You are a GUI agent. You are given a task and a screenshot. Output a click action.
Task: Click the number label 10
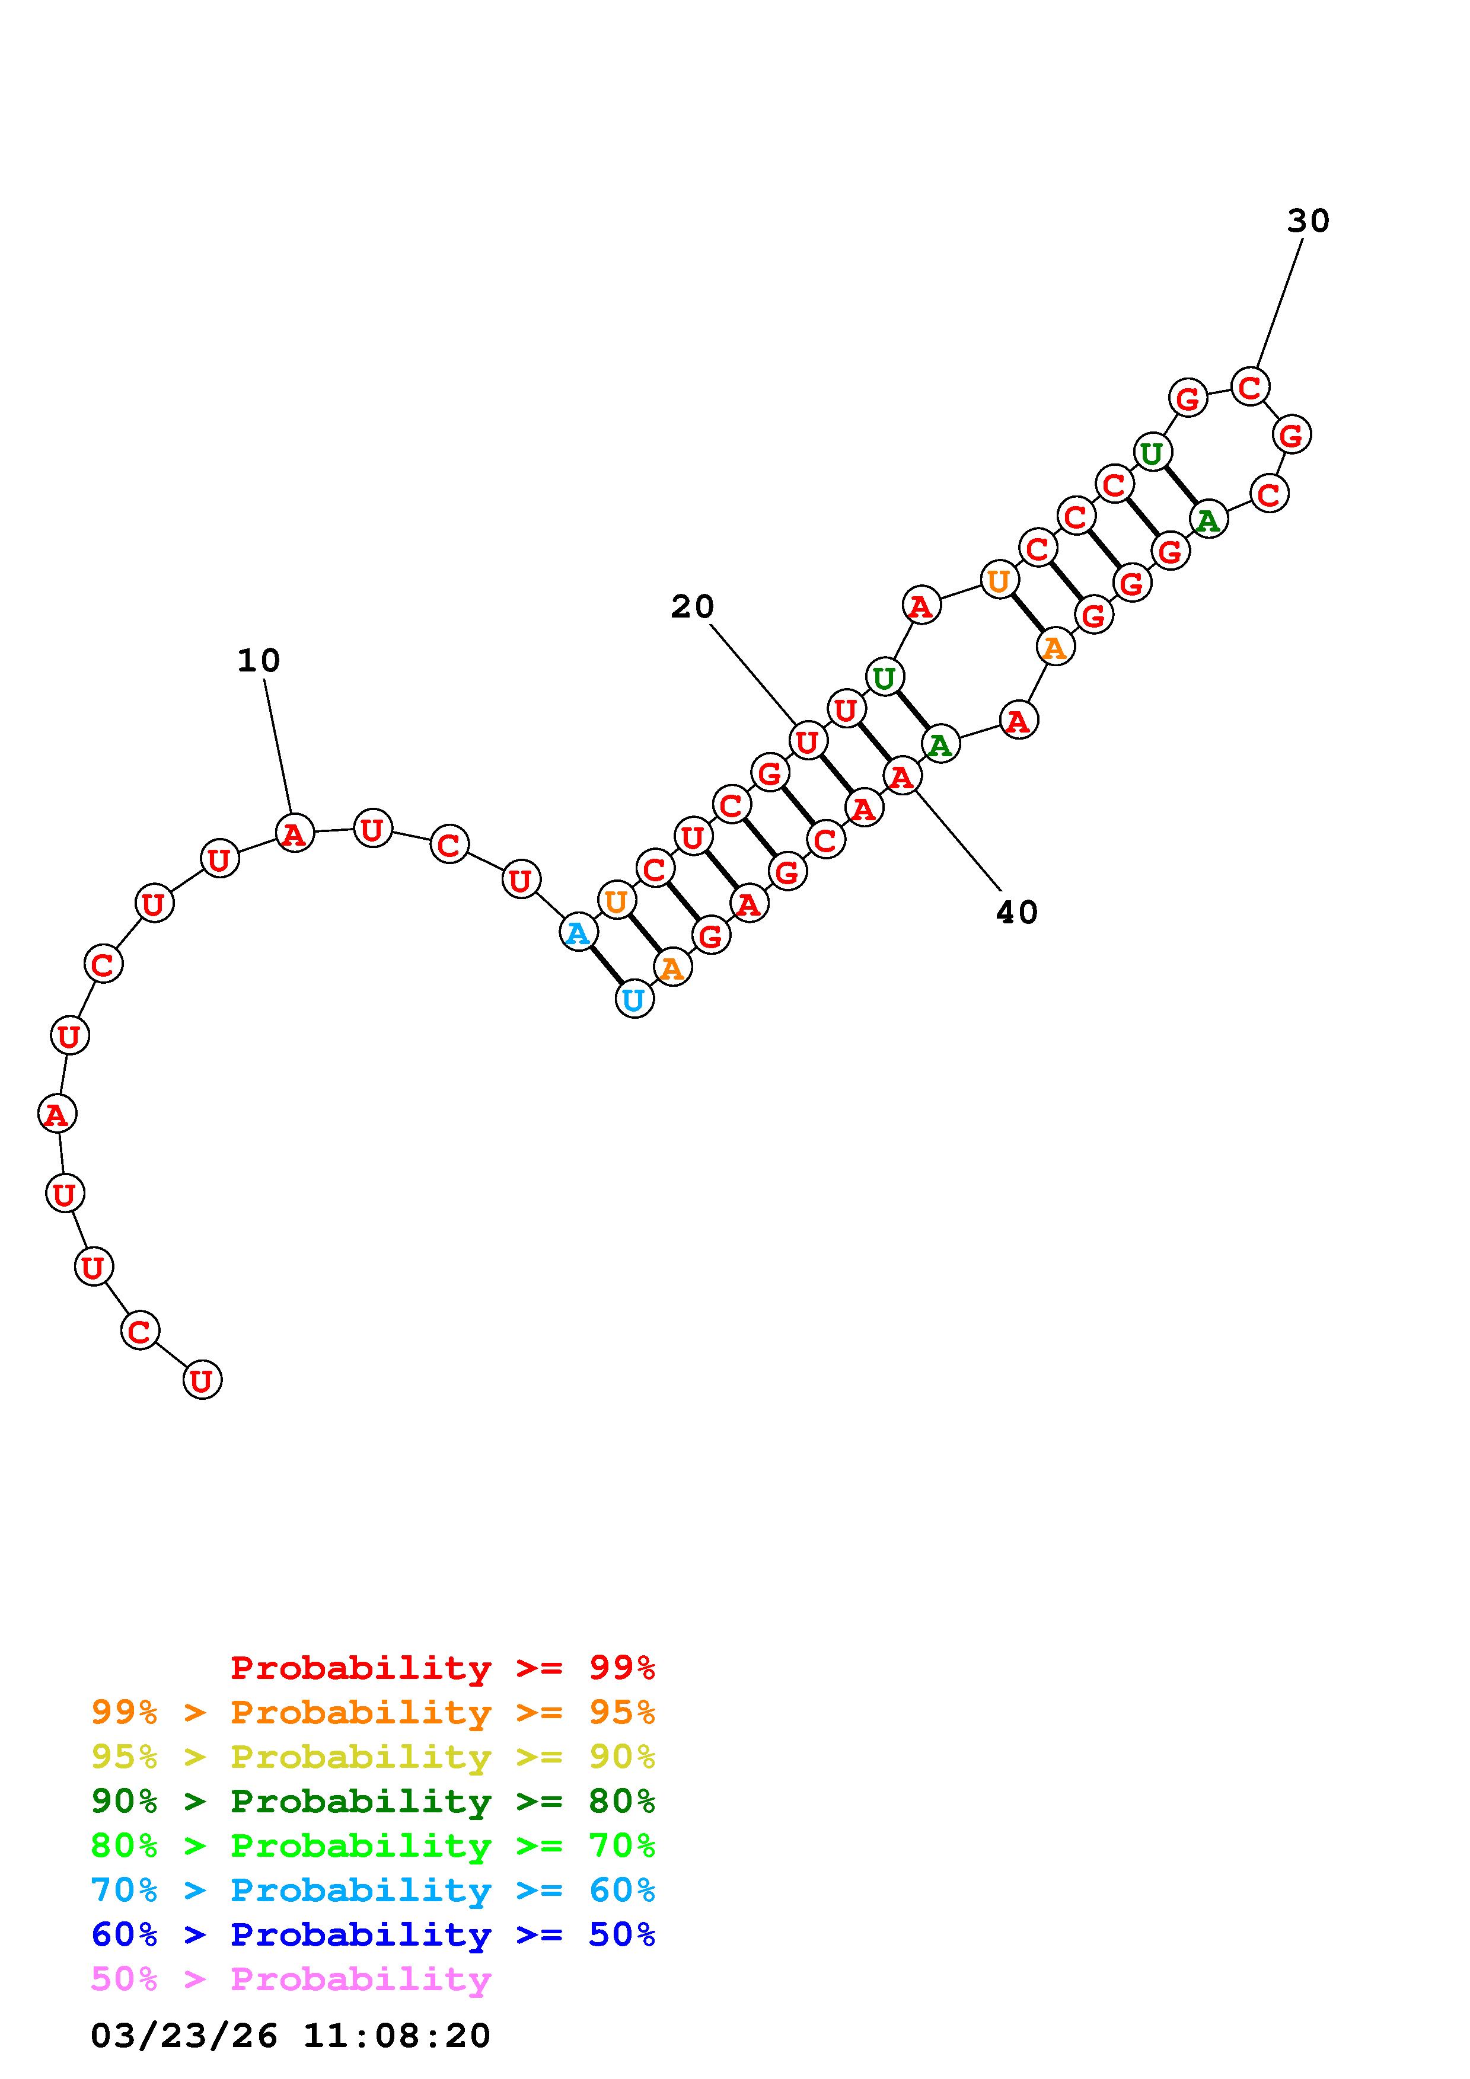click(259, 661)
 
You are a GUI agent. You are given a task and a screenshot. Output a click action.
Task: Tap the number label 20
click(693, 607)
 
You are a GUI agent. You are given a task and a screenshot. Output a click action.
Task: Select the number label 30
click(1309, 221)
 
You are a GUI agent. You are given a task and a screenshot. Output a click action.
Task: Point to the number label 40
click(1017, 913)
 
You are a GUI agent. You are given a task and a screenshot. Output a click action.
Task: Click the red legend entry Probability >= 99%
click(443, 1667)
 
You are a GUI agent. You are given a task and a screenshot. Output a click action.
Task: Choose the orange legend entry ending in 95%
click(373, 1712)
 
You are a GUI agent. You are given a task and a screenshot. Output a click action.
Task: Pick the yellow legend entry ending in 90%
click(373, 1756)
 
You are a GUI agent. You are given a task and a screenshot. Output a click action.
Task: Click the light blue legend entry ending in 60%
click(373, 1890)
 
